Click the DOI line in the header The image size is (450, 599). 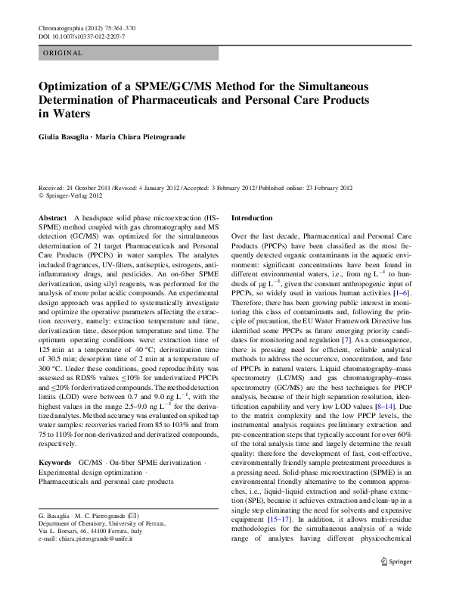tap(82, 36)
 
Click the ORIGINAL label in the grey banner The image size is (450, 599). tap(62, 53)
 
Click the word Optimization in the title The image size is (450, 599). tap(80, 86)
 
